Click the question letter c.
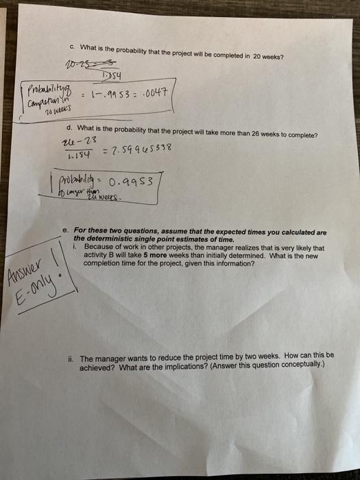(x=73, y=47)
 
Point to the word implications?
(x=176, y=365)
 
